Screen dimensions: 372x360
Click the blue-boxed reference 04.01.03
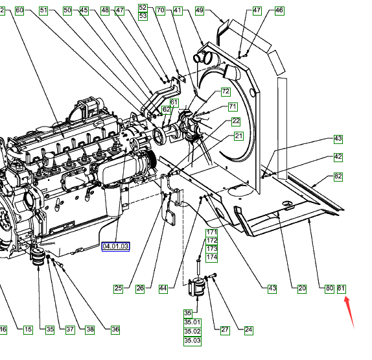click(115, 246)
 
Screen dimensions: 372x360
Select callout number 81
click(342, 289)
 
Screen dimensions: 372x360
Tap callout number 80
click(329, 289)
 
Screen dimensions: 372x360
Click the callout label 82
click(338, 176)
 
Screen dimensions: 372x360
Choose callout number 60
click(19, 10)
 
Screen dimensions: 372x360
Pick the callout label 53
click(143, 16)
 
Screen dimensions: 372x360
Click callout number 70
click(161, 10)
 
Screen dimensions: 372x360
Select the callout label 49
click(200, 10)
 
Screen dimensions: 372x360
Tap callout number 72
click(226, 91)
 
